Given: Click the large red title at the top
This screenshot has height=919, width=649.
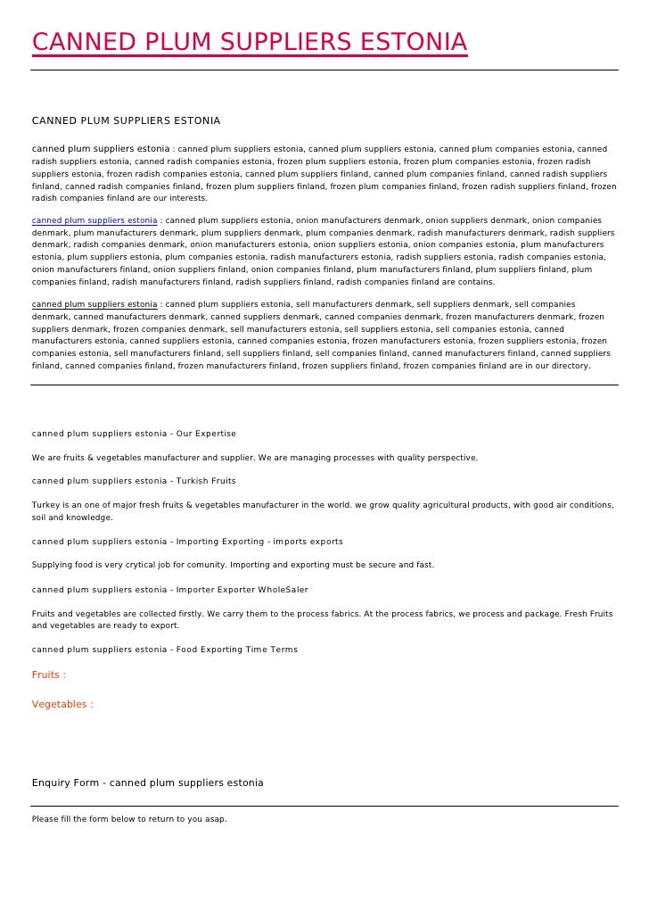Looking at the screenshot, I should point(250,42).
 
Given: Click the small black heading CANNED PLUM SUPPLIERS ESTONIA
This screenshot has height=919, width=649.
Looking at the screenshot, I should point(126,120).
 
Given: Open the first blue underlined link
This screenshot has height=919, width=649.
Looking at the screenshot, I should point(94,220).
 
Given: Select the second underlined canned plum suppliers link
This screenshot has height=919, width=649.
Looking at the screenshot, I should point(94,304).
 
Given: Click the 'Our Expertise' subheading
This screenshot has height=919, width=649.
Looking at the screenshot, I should point(206,434).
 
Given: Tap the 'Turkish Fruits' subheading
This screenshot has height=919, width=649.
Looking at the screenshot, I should point(206,481).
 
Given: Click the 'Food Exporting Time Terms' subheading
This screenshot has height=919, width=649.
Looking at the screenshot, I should point(237,650).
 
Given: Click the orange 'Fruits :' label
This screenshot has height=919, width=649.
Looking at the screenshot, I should point(49,675).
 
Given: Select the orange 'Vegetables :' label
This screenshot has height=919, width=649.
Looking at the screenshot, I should point(62,705).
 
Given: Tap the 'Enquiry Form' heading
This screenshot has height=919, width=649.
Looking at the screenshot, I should point(148,783).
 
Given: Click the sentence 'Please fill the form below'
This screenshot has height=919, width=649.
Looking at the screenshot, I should point(129,819).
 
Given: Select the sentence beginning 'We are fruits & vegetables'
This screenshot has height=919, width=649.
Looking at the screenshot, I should point(254,458).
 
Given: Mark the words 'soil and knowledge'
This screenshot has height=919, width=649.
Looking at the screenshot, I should point(72,517).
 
